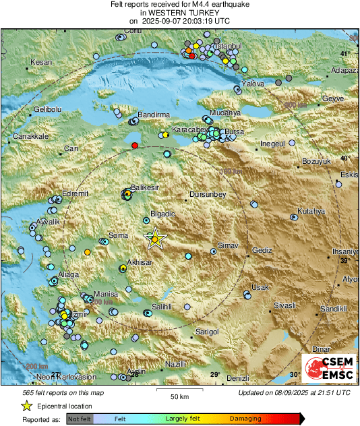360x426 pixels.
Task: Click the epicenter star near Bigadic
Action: pyautogui.click(x=156, y=239)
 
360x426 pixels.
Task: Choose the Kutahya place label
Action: pyautogui.click(x=311, y=211)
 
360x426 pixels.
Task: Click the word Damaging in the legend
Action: pyautogui.click(x=245, y=419)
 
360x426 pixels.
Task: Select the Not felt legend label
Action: pyautogui.click(x=79, y=419)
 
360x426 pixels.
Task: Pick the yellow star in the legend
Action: pyautogui.click(x=26, y=406)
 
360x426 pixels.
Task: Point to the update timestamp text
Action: pyautogui.click(x=294, y=392)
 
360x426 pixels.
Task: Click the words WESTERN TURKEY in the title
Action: pyautogui.click(x=180, y=12)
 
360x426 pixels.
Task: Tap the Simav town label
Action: pyautogui.click(x=229, y=247)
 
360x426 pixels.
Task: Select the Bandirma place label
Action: pyautogui.click(x=154, y=115)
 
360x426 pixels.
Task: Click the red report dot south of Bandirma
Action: pyautogui.click(x=135, y=146)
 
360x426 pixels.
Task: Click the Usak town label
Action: pyautogui.click(x=260, y=287)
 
